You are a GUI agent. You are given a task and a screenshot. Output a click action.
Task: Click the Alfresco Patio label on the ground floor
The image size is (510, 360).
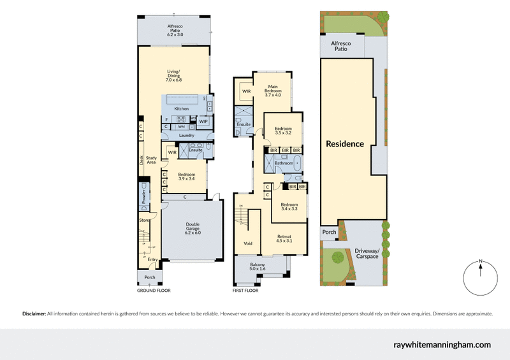click(175, 30)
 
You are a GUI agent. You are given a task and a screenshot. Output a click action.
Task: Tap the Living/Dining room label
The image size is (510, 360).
click(174, 76)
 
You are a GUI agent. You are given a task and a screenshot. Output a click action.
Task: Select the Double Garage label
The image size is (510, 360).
click(193, 228)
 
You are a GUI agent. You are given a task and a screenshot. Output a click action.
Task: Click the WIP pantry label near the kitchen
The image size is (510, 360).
click(203, 121)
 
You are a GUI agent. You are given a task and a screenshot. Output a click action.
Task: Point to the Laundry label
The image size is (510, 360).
click(187, 135)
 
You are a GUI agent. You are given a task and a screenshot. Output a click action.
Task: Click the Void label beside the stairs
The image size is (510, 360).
click(248, 243)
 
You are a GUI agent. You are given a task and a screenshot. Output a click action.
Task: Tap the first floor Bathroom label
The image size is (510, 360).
click(284, 163)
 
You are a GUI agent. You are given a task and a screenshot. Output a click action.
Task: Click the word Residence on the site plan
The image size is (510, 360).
click(345, 144)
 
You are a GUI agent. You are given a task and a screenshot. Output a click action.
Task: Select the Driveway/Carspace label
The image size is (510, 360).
click(367, 254)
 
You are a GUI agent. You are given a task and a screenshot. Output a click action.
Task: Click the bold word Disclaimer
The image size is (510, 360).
click(34, 313)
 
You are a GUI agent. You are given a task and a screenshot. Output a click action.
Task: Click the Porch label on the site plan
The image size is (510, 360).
click(329, 232)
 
